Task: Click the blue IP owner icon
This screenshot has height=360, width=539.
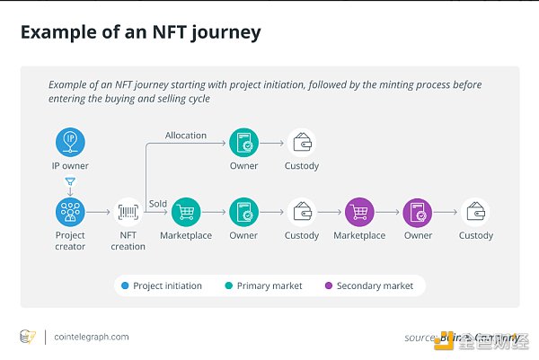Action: pos(70,142)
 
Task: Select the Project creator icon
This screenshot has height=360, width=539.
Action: pos(70,213)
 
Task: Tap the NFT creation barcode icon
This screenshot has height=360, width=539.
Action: pos(128,213)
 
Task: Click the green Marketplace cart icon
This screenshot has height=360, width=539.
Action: pos(186,213)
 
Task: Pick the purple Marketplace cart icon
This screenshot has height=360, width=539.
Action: pos(359,213)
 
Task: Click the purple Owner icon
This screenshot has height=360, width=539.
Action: pos(418,213)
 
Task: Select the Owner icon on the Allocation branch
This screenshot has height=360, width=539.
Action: pos(243,142)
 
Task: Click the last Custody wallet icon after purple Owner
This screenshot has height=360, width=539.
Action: pos(475,213)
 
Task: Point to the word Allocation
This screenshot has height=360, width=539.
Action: pos(185,136)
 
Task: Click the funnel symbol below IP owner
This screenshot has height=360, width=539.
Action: pos(70,182)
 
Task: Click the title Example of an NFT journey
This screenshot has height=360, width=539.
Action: pos(140,33)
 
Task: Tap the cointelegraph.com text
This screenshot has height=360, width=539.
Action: pos(92,337)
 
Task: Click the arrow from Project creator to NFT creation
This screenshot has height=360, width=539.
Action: pos(99,213)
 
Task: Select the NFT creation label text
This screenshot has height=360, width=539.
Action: pos(128,241)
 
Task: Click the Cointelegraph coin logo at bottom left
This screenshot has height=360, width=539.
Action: pos(28,337)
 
